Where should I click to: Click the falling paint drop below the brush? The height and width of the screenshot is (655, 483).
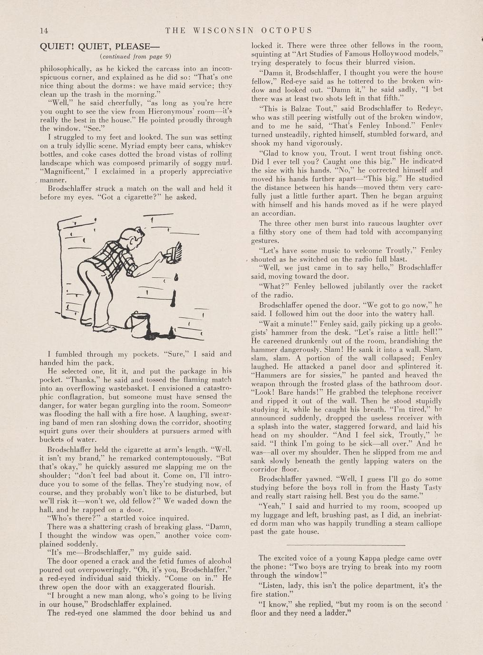[x=177, y=277]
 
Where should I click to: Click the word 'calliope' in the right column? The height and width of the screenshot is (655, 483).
[x=426, y=524]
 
